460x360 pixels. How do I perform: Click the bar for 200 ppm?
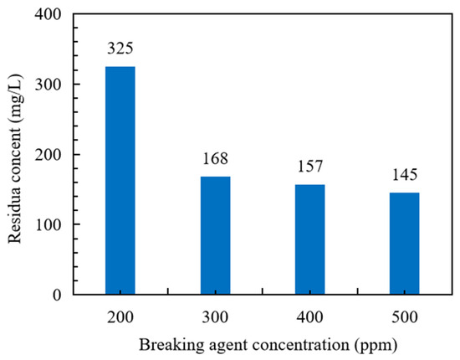(x=120, y=180)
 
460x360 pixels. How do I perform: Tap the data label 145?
(x=406, y=177)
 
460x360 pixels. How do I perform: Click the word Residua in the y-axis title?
(x=17, y=219)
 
